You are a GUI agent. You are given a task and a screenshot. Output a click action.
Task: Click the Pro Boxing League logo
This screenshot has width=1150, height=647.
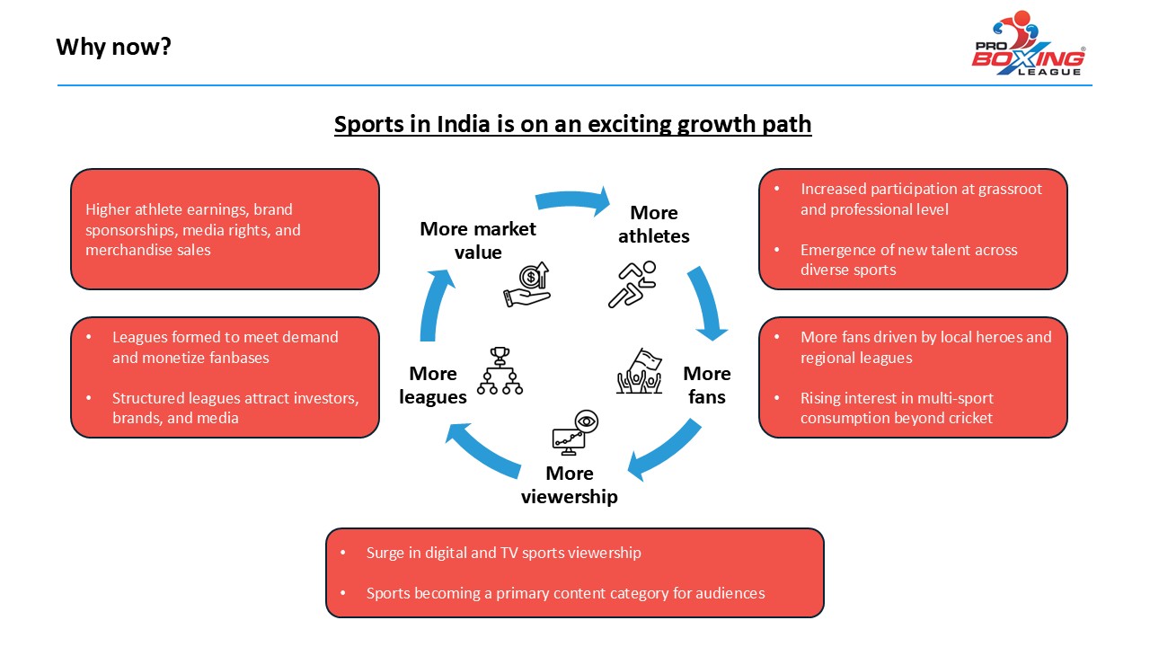tap(1029, 44)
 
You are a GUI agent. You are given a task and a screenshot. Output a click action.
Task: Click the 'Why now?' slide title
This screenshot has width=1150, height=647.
tap(113, 46)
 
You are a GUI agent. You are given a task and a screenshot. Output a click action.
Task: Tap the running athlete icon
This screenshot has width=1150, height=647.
tap(632, 284)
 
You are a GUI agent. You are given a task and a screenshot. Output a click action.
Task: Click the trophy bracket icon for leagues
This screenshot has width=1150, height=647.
tap(500, 370)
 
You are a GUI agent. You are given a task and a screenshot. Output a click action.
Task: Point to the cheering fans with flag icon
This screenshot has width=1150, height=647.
tap(640, 370)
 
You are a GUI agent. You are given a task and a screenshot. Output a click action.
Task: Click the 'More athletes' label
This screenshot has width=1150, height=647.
tap(653, 225)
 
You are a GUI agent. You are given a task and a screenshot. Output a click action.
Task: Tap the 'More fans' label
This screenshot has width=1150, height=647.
tap(707, 385)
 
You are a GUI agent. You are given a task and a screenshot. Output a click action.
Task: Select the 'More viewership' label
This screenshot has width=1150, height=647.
tap(570, 484)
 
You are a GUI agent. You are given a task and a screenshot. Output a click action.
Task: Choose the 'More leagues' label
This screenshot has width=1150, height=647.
tap(433, 385)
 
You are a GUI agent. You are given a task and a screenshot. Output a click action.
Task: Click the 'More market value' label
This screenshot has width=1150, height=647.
tap(477, 240)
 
